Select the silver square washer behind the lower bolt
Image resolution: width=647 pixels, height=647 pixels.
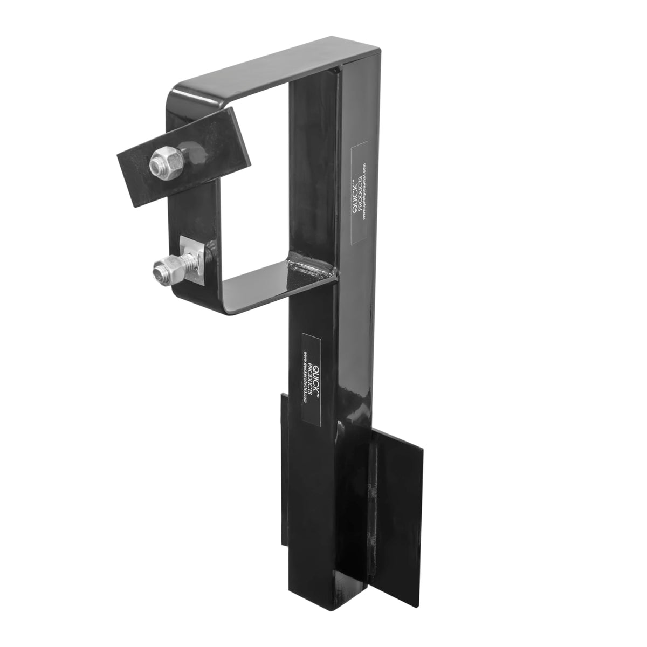pos(191,259)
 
